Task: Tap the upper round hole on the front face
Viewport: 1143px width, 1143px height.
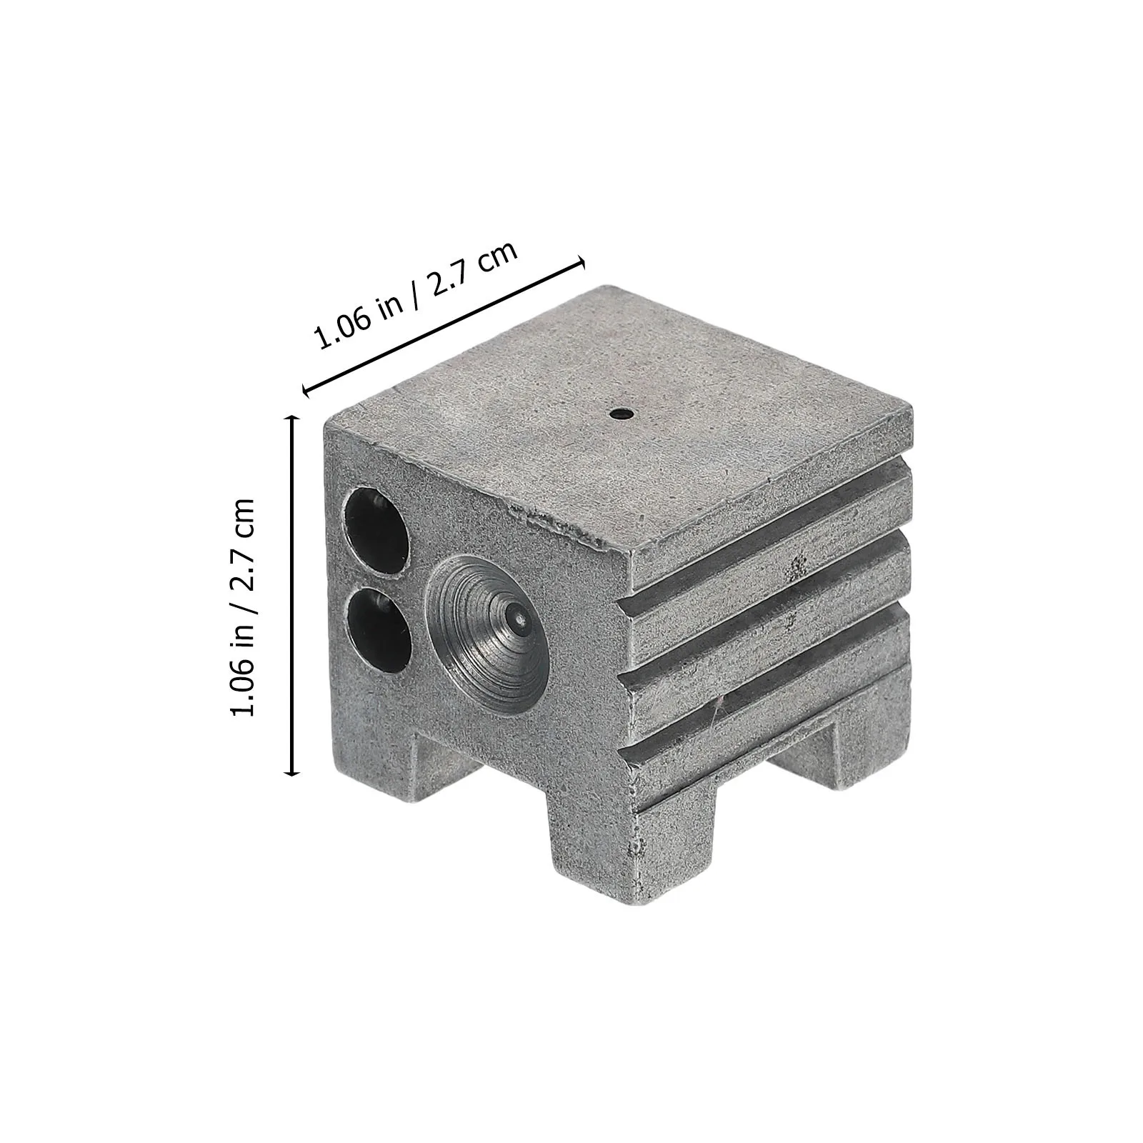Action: [377, 530]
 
